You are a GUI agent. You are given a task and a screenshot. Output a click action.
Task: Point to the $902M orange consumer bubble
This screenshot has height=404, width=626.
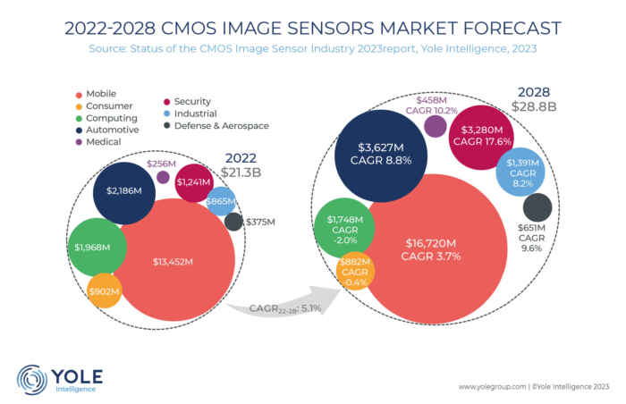click(x=105, y=290)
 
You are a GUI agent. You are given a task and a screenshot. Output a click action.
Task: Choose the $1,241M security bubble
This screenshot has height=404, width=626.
click(x=193, y=182)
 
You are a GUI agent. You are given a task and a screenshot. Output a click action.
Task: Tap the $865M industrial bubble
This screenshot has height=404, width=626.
click(x=220, y=201)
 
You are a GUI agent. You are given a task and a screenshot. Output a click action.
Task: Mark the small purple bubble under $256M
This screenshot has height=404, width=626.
click(x=163, y=177)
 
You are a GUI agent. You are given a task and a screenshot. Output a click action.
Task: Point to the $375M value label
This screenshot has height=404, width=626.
click(x=260, y=221)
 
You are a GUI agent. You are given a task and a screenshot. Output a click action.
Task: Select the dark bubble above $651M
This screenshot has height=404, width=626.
click(x=537, y=207)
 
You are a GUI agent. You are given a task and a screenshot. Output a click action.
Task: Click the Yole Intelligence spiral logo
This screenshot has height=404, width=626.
click(x=31, y=378)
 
